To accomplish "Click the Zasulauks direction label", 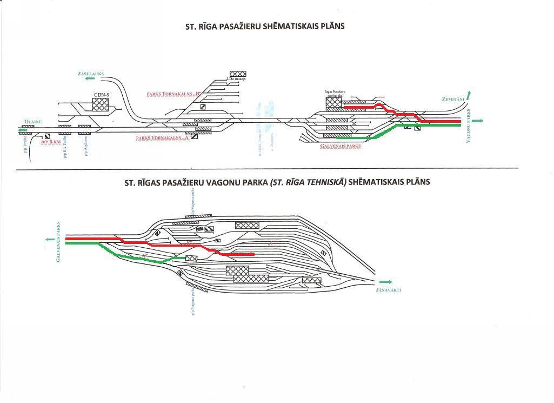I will [90, 73].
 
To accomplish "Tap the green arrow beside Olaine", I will [23, 130].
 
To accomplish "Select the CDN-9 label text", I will [102, 95].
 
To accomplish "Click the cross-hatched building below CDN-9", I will [101, 104].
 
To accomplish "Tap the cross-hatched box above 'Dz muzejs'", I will [237, 74].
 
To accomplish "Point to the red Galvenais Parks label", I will [341, 146].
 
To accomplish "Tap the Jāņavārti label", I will [388, 290].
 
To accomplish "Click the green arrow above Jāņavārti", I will [386, 282].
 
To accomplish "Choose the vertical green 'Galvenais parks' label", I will [58, 242].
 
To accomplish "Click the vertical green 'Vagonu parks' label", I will [469, 125].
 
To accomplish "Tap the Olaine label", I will [32, 122].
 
